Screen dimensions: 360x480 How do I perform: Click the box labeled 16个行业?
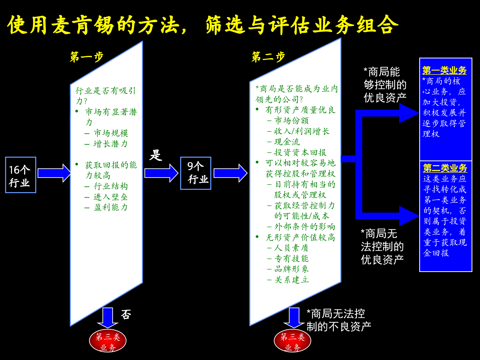20,175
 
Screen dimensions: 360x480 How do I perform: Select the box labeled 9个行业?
196,173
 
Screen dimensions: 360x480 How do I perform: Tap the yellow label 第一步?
87,57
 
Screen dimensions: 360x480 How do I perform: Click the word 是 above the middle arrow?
156,155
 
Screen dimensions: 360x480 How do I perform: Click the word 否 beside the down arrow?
126,314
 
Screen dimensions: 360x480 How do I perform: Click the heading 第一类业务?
444,70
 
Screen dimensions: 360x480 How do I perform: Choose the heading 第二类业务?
445,168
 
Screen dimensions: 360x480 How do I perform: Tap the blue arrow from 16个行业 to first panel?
54,173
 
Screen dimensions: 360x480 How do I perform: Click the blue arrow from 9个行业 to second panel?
230,173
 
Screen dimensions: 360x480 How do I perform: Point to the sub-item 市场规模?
111,133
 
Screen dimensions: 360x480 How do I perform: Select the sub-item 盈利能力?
110,207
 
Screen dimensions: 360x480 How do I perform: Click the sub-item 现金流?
287,142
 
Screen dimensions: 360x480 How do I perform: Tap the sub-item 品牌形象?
291,269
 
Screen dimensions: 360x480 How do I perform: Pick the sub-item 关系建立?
291,280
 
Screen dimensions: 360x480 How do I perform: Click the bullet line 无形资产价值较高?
300,237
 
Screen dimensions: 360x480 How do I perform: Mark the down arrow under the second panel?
294,318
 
